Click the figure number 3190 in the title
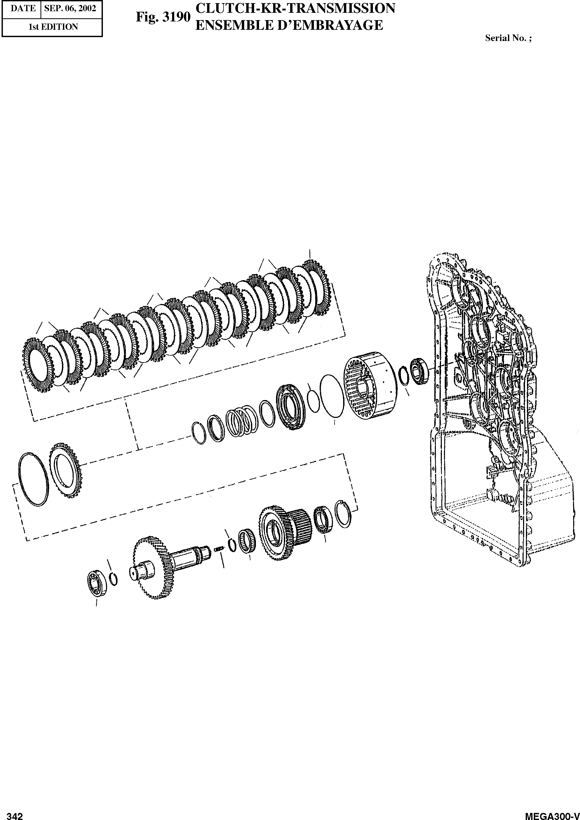[x=176, y=17]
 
